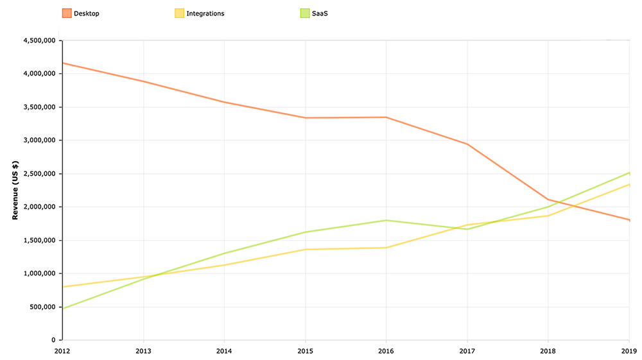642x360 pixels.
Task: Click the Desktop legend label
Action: point(87,13)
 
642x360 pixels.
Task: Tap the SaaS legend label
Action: point(320,13)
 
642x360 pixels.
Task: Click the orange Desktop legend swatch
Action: point(67,13)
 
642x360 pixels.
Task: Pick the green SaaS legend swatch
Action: point(305,13)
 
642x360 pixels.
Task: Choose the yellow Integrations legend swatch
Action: point(180,13)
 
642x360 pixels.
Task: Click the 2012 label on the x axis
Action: point(63,350)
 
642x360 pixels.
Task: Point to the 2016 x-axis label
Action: point(386,350)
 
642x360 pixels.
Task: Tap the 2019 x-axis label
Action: point(629,350)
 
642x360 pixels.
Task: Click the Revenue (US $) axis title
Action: point(15,191)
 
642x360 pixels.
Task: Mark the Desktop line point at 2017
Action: point(467,144)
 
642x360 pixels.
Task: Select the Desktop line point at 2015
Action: point(305,118)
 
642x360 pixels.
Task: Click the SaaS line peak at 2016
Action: point(386,220)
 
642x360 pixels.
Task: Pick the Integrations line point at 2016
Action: point(386,248)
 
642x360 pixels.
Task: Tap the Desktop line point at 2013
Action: point(144,81)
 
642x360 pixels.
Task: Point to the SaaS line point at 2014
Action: point(225,253)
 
